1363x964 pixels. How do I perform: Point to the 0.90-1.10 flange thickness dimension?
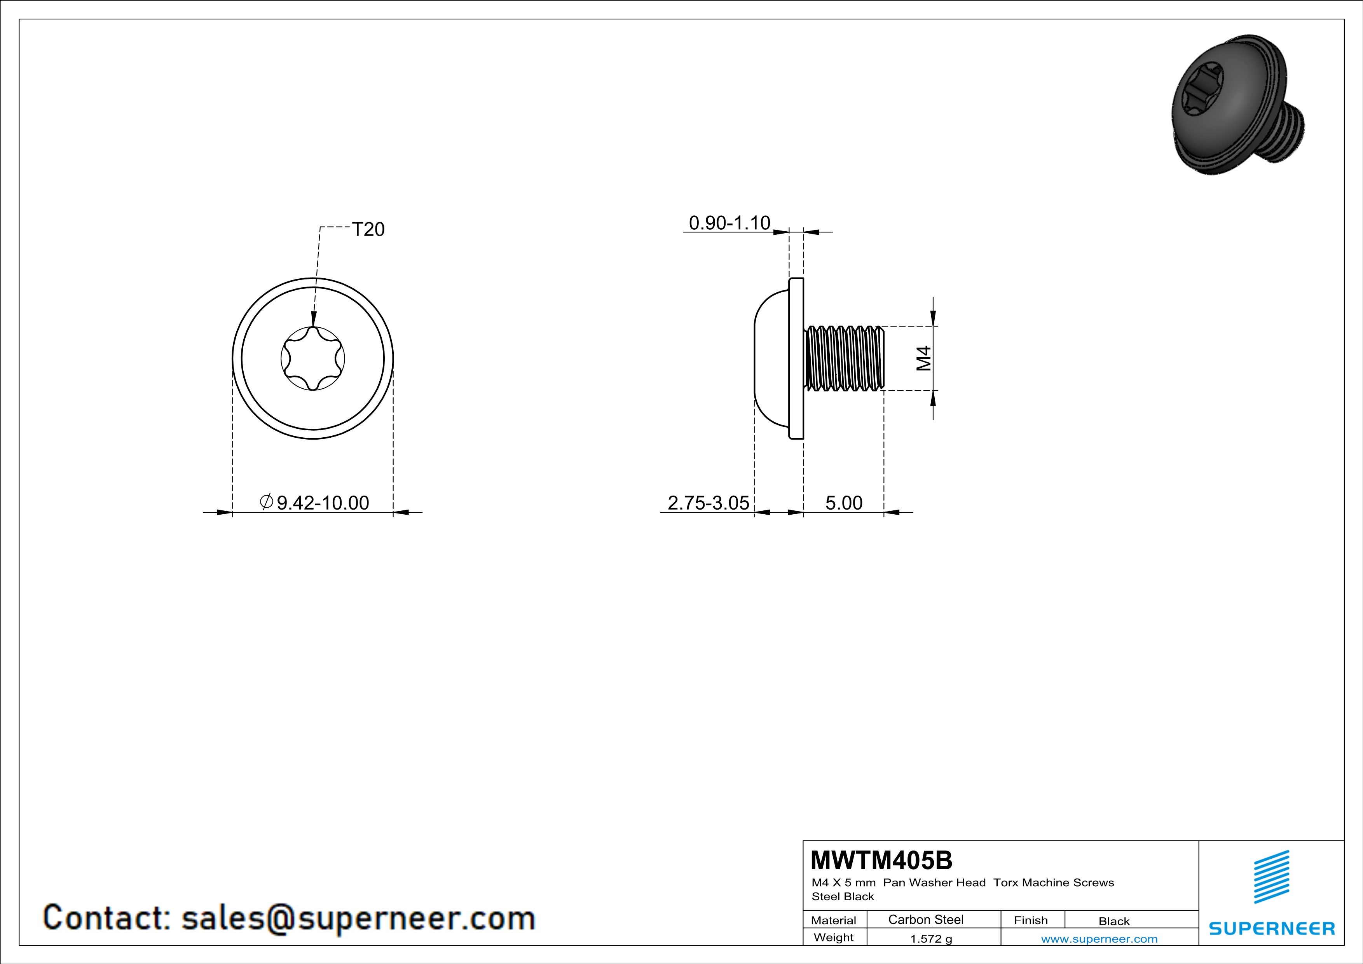[729, 223]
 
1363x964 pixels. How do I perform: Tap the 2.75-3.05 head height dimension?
[708, 503]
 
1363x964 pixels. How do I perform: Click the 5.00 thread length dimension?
[843, 503]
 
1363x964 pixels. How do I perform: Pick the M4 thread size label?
[924, 358]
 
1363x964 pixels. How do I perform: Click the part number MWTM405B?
[881, 859]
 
